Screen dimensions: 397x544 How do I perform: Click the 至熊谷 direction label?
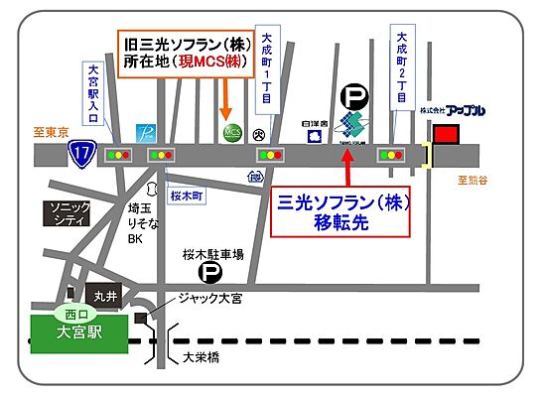click(x=475, y=180)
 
